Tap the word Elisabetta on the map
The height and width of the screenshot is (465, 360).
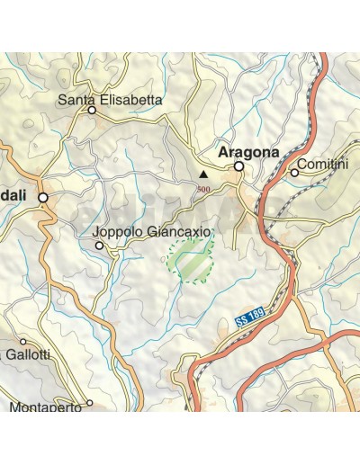tap(130, 100)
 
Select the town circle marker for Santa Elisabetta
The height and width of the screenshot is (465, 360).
tap(92, 111)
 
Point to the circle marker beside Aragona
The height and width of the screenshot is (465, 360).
tap(238, 166)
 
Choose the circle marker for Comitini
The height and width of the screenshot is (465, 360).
tap(293, 173)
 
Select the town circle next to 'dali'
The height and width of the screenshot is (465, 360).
tap(41, 196)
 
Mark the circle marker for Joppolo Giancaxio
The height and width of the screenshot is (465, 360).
tap(100, 245)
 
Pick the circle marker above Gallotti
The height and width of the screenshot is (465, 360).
tap(23, 342)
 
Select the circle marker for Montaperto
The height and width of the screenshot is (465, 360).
tap(89, 403)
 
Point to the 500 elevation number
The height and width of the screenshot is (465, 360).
tap(204, 189)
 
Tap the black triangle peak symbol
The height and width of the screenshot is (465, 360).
tap(203, 174)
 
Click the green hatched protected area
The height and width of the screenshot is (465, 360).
tap(190, 263)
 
